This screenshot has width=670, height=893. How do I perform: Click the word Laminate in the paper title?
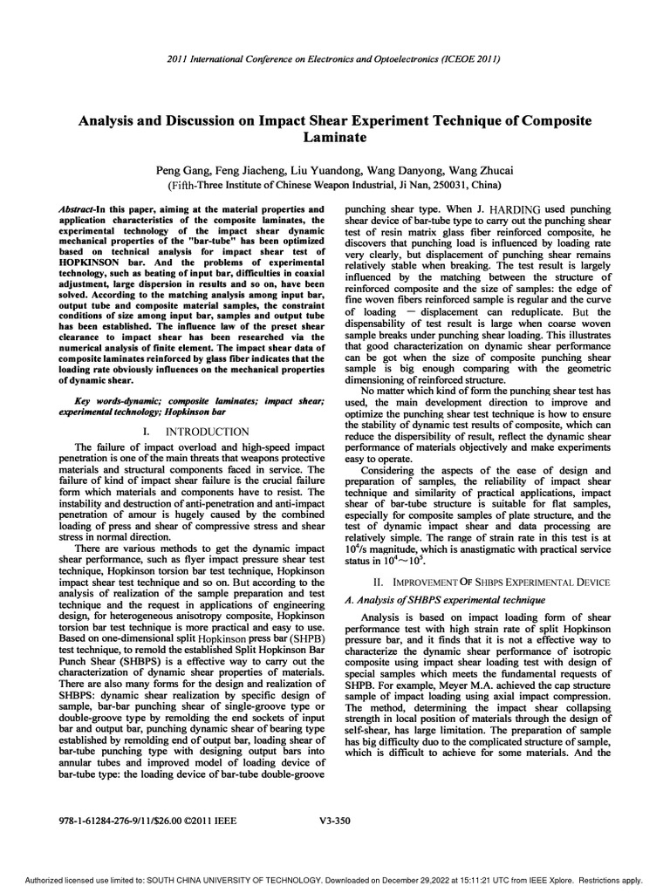coord(334,138)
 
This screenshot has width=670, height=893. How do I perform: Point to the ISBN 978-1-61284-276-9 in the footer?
coord(108,820)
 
